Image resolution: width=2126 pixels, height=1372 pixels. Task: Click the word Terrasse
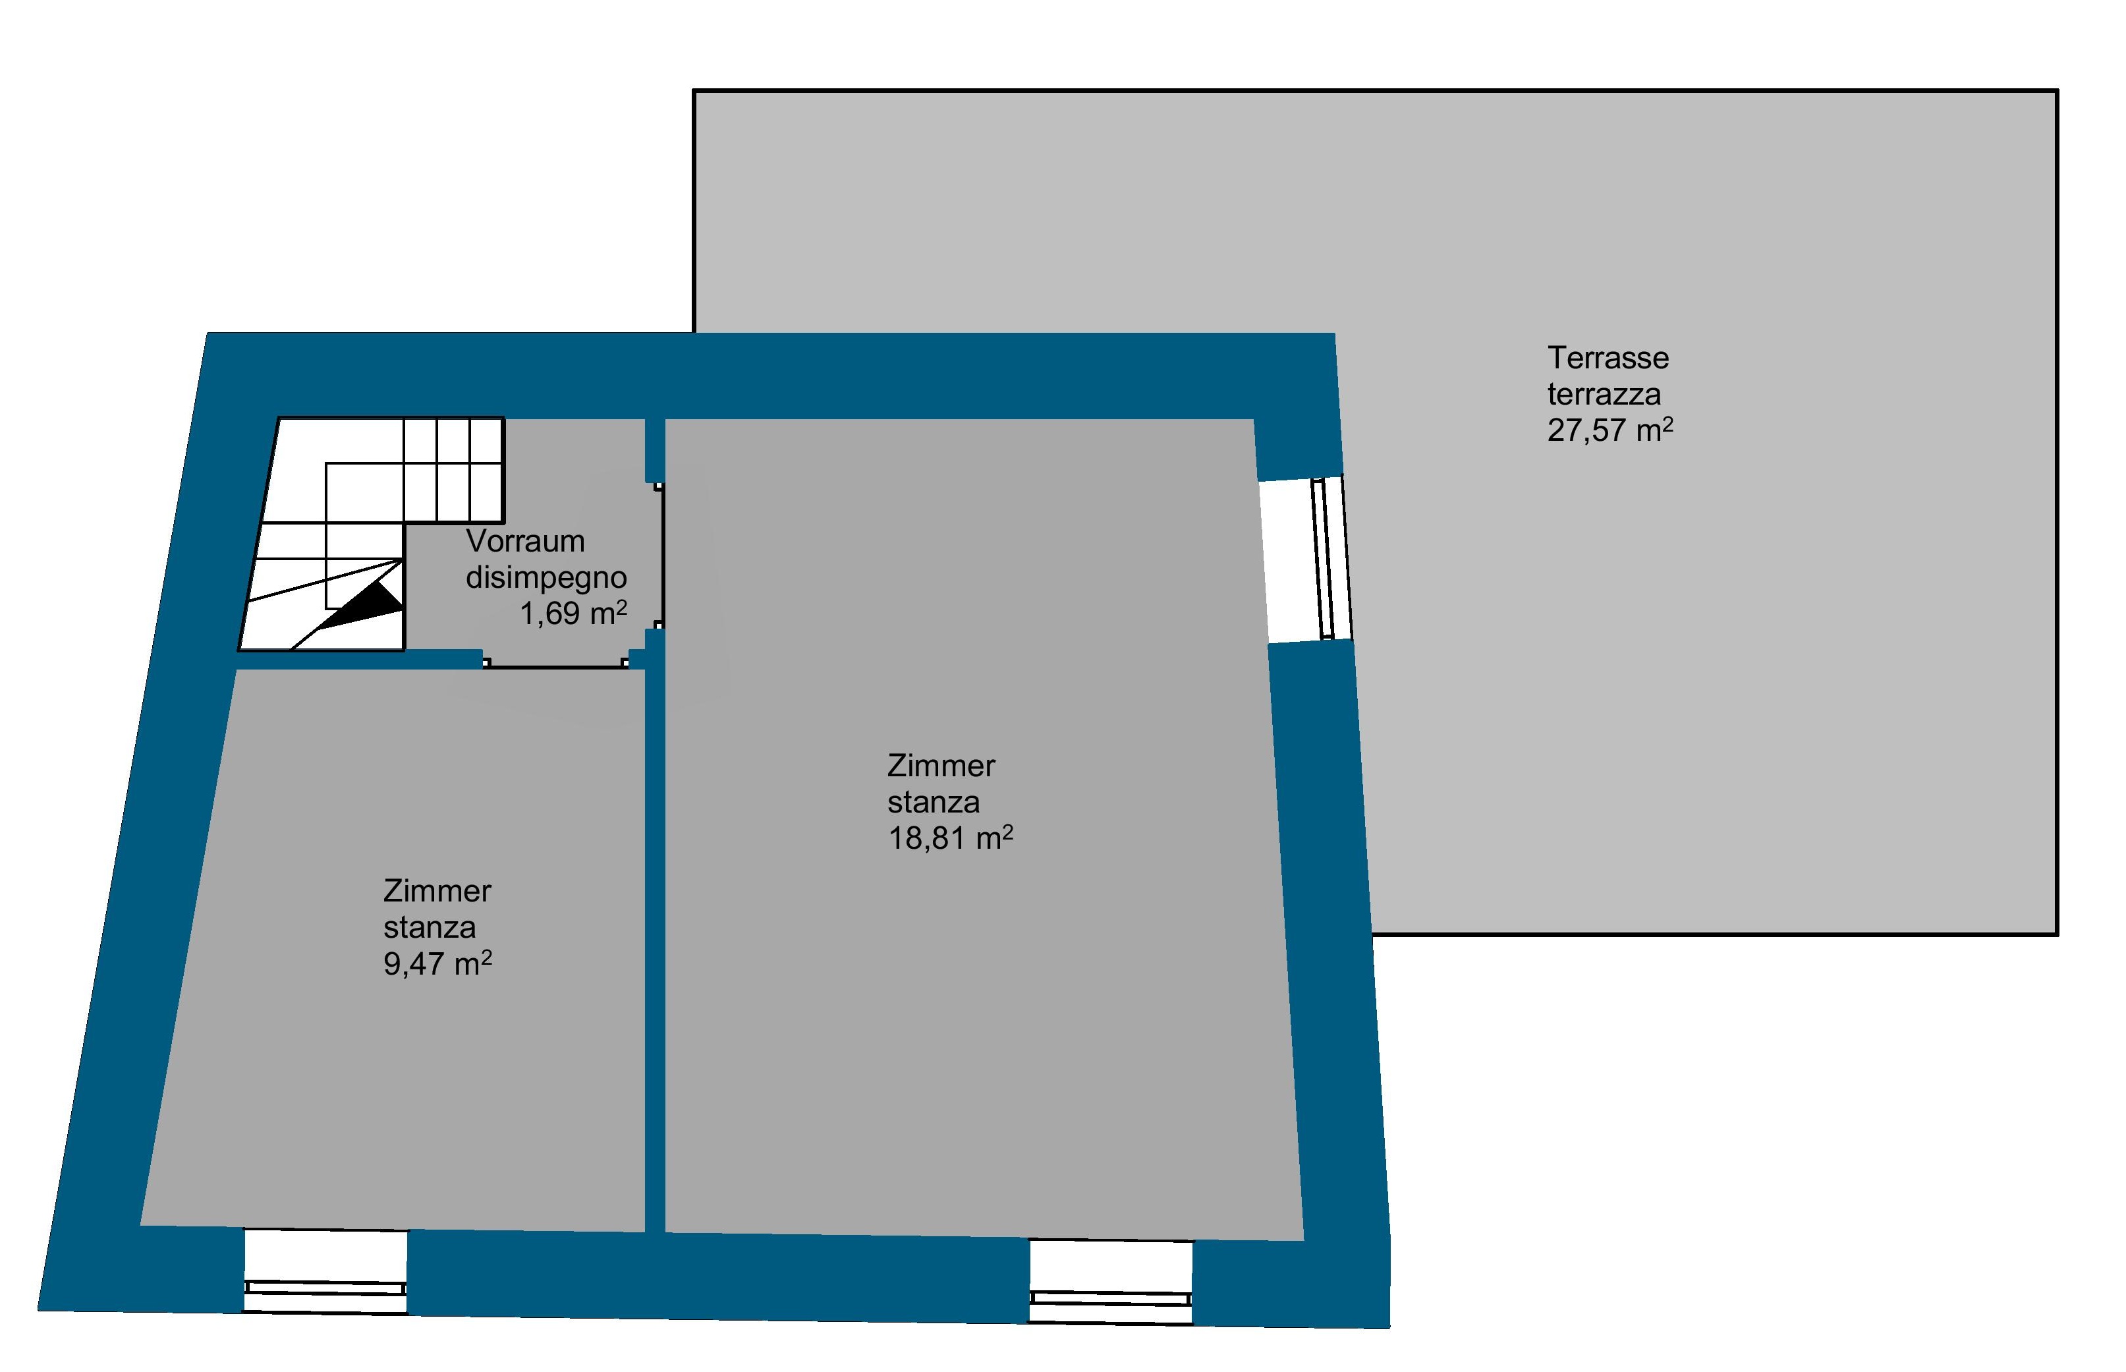tap(1608, 358)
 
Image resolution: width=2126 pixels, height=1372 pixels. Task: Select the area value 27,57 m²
tap(1610, 430)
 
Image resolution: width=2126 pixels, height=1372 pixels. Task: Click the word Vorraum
tap(524, 541)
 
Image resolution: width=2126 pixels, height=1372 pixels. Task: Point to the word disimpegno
tap(546, 577)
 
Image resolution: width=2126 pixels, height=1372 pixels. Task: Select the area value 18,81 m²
tap(950, 838)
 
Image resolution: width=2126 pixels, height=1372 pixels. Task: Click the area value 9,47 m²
tap(437, 964)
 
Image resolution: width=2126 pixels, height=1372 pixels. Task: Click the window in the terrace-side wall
tap(1306, 559)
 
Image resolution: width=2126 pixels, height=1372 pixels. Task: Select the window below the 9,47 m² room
tap(325, 1271)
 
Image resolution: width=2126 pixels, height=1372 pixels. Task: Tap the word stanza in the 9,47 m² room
tap(430, 927)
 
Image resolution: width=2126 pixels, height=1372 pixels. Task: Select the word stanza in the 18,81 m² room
tap(934, 802)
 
